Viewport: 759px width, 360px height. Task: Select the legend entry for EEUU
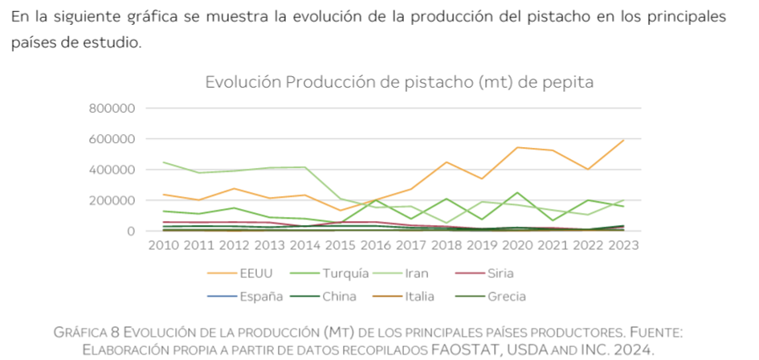point(256,273)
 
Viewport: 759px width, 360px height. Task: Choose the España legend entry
point(260,297)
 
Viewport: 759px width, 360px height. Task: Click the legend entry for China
point(341,297)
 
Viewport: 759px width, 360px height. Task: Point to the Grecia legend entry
point(506,297)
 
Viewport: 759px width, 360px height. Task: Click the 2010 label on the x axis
point(163,244)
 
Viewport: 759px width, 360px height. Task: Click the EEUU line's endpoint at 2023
point(623,141)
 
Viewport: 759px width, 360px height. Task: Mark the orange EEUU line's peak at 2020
point(517,147)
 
